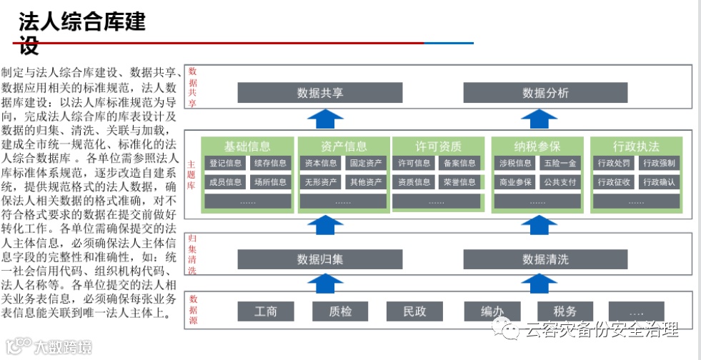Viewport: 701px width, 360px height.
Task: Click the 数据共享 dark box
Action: click(x=320, y=93)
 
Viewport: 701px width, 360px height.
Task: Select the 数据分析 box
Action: click(x=545, y=93)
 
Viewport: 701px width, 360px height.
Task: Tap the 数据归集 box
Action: click(x=320, y=259)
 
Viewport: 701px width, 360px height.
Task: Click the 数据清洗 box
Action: click(x=545, y=259)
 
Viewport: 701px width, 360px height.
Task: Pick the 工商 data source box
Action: click(x=266, y=311)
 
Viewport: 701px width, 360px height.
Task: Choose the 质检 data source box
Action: click(x=340, y=311)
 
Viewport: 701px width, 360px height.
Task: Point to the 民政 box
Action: click(x=414, y=311)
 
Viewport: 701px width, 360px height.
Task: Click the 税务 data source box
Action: click(x=565, y=311)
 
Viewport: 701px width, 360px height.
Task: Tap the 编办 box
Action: click(x=490, y=311)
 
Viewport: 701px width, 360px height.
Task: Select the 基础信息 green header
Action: click(x=247, y=146)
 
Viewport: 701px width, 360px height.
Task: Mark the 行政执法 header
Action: click(x=636, y=146)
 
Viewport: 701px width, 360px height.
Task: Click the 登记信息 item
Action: click(x=225, y=164)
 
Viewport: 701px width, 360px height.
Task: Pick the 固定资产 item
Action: click(x=366, y=164)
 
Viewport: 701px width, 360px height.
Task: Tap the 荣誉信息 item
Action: click(x=459, y=182)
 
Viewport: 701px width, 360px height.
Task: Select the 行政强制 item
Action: click(x=658, y=164)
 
